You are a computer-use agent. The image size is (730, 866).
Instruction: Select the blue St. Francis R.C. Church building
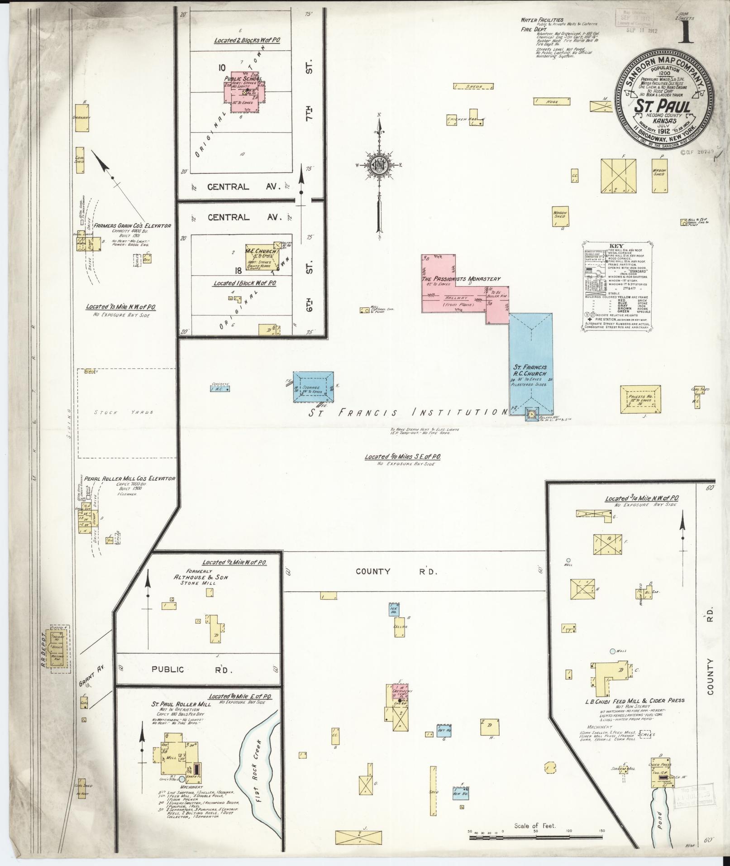tap(531, 362)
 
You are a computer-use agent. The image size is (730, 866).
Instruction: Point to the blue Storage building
tap(313, 387)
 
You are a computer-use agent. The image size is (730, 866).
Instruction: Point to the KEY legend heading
tap(616, 246)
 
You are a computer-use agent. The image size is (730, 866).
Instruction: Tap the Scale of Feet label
tap(534, 826)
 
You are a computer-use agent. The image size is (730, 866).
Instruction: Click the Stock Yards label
tap(124, 412)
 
